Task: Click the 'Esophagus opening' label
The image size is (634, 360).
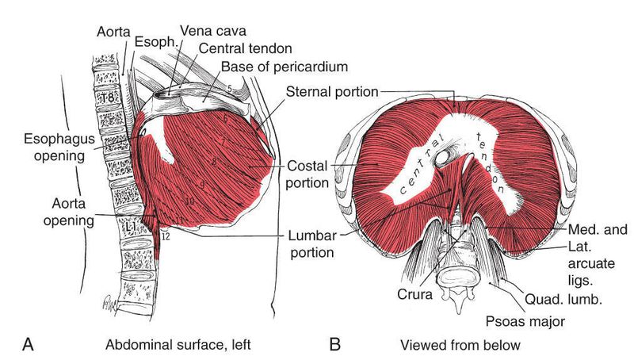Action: [x=54, y=147]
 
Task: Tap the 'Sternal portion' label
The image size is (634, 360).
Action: [x=331, y=90]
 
